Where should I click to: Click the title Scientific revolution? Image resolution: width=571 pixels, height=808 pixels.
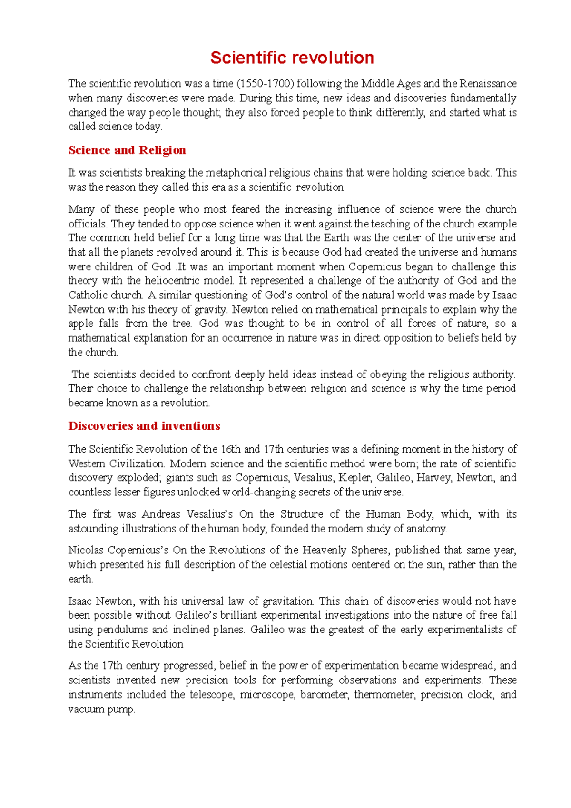(292, 58)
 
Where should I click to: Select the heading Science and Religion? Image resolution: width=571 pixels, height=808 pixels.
(127, 150)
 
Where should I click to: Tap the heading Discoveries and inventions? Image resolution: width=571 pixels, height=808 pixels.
(144, 426)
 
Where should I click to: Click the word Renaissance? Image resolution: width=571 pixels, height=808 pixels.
(488, 84)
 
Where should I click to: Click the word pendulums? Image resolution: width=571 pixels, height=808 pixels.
(122, 630)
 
